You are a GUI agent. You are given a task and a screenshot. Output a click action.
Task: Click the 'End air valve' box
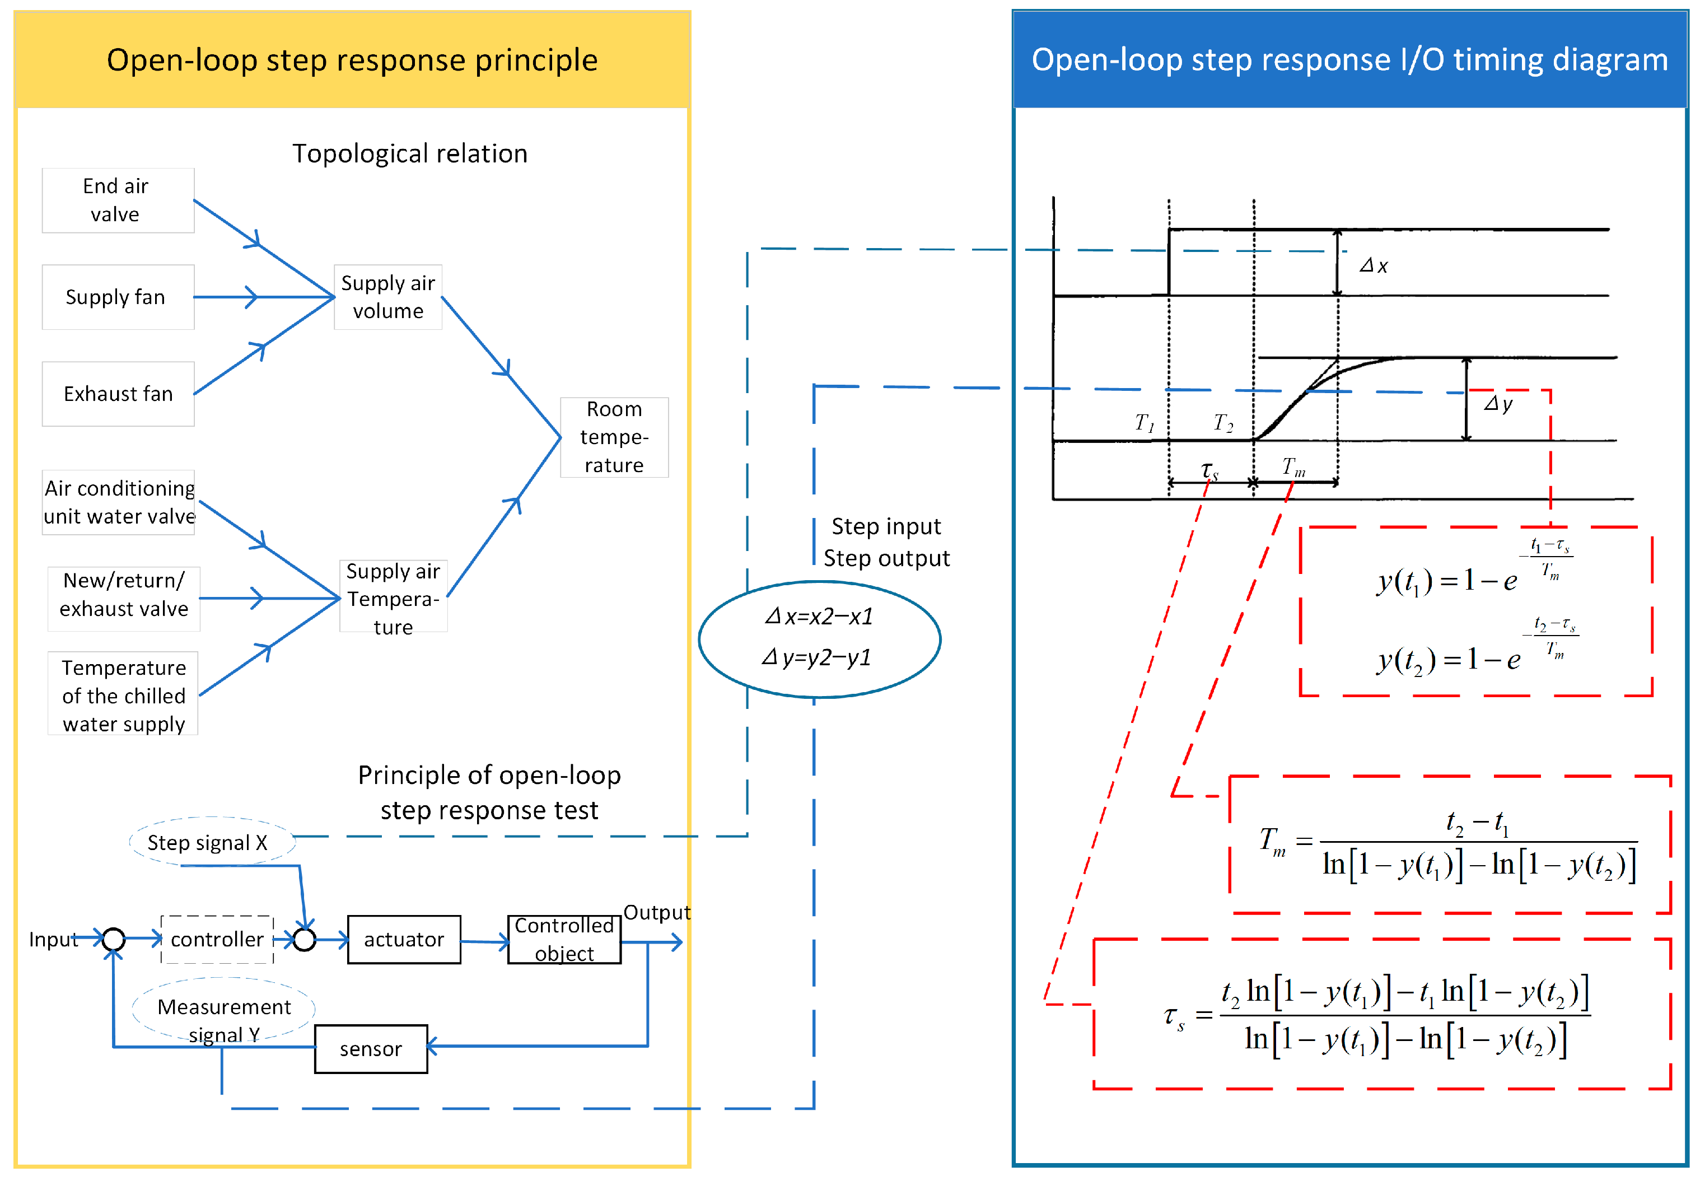tap(118, 200)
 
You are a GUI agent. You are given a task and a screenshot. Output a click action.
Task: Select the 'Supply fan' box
tap(118, 297)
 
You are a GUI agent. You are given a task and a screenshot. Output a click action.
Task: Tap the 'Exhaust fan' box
tap(118, 394)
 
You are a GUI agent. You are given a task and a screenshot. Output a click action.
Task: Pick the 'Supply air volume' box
tap(387, 297)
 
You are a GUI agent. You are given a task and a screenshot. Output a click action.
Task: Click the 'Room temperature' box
tap(614, 437)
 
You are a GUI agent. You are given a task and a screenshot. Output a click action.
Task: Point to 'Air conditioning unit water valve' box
tap(119, 502)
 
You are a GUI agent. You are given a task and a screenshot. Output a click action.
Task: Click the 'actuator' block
tap(404, 939)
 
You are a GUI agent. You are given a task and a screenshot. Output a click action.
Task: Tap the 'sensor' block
tap(371, 1048)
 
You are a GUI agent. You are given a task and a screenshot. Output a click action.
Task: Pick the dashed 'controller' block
tap(217, 939)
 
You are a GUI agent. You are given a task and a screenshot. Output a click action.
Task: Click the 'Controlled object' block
tap(564, 939)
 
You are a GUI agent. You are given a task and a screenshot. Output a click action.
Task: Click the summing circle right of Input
tap(113, 939)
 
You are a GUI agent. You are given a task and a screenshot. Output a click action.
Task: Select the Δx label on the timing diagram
tap(1373, 265)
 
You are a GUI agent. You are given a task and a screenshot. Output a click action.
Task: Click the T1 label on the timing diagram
tap(1143, 423)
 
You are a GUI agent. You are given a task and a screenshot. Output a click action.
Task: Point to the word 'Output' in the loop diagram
tap(656, 912)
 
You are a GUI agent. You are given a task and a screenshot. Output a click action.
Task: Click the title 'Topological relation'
tap(410, 153)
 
